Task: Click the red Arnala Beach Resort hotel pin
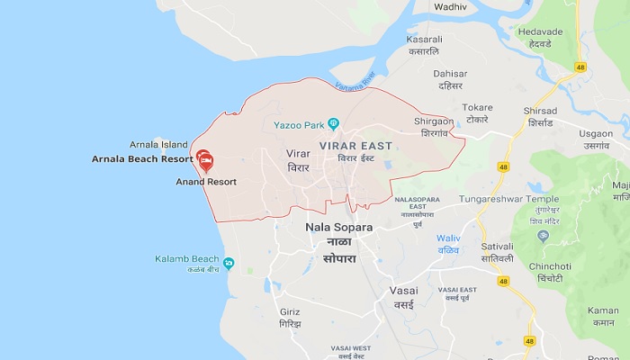pyautogui.click(x=205, y=160)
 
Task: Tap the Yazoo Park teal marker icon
pyautogui.click(x=333, y=123)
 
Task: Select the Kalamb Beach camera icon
pyautogui.click(x=229, y=264)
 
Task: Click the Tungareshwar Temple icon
pyautogui.click(x=543, y=235)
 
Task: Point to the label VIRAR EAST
pyautogui.click(x=355, y=145)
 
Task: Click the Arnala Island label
pyautogui.click(x=158, y=144)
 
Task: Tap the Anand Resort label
pyautogui.click(x=206, y=182)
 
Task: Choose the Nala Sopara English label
pyautogui.click(x=339, y=227)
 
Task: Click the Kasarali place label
pyautogui.click(x=425, y=40)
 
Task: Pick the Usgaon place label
pyautogui.click(x=595, y=133)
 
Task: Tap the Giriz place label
pyautogui.click(x=290, y=311)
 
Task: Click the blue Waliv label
pyautogui.click(x=447, y=238)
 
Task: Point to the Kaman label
pyautogui.click(x=602, y=310)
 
